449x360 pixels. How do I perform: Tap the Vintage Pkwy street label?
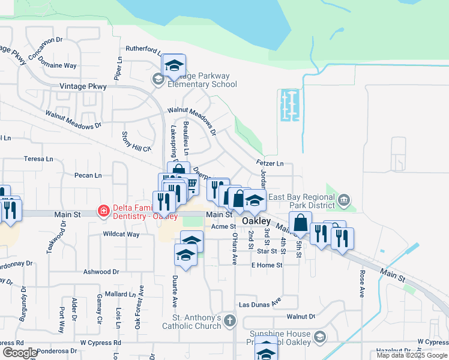coord(83,86)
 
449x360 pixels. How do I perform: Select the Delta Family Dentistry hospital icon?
coord(103,211)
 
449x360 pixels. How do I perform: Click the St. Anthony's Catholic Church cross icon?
coord(229,322)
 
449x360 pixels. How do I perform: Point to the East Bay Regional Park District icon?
coord(344,199)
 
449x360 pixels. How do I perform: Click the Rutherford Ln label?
coord(141,50)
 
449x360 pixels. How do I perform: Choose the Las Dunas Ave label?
coord(259,303)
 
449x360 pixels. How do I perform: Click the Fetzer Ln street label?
coord(270,163)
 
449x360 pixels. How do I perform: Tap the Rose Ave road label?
coord(362,284)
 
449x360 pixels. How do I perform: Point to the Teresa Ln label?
coord(38,159)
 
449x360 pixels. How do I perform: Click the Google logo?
coord(20,353)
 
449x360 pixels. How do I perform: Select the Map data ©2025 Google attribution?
coord(412,355)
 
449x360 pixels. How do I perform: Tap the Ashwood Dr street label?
coord(100,272)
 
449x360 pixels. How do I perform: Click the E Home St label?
coord(267,265)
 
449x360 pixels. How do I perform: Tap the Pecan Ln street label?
coord(88,175)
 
